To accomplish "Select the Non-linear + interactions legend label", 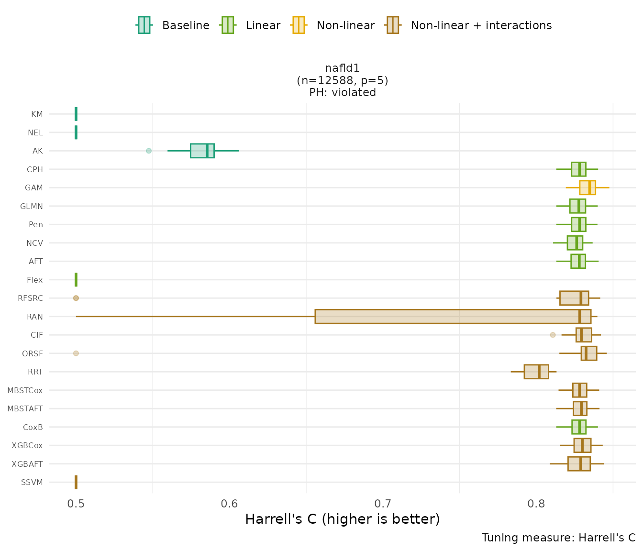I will tap(481, 25).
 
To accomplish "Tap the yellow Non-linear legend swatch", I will tap(298, 25).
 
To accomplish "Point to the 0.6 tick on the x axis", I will tap(230, 504).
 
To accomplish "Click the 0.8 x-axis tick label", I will tap(536, 504).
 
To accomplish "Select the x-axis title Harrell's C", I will tap(342, 519).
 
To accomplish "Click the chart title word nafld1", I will tap(342, 68).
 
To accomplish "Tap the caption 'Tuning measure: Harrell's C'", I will tap(558, 538).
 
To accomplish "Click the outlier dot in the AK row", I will tap(149, 151).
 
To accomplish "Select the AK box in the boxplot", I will tap(202, 151).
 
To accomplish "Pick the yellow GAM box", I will tap(587, 187).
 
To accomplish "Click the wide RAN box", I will tap(453, 317).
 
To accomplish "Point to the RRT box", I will tap(536, 372).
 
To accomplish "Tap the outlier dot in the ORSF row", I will tap(76, 353).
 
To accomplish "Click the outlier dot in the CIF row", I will tap(553, 335).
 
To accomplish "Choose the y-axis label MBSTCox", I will tap(25, 390).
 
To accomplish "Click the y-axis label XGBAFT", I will tap(27, 464).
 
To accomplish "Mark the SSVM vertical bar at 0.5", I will tap(76, 482).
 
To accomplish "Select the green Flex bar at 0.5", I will tap(76, 280).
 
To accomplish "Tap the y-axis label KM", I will tap(37, 114).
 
